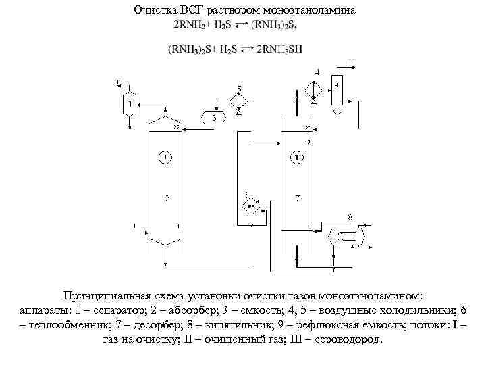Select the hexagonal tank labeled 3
(214, 118)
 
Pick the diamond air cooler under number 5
(239, 99)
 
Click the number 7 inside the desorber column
(298, 197)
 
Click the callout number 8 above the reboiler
(349, 217)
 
